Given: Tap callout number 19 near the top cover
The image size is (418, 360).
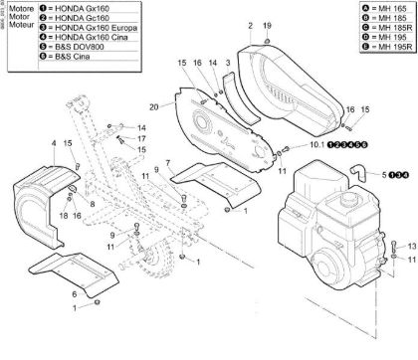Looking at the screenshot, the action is tap(266, 24).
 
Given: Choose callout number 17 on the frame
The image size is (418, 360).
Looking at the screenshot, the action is tap(141, 138).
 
